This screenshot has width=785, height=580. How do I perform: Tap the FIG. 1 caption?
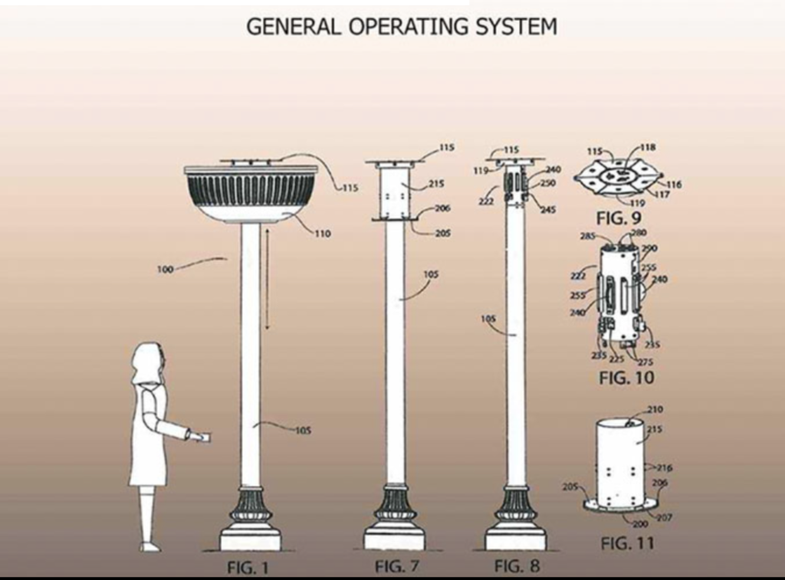(248, 569)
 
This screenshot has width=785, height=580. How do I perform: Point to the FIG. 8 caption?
(517, 567)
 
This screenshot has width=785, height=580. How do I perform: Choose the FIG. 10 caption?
(626, 378)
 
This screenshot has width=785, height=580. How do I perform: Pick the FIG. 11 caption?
(626, 544)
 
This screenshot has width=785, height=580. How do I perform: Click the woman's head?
(146, 362)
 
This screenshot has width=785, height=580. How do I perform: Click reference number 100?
(165, 269)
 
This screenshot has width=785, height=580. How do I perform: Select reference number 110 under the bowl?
(323, 234)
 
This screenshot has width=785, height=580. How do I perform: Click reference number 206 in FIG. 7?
(442, 208)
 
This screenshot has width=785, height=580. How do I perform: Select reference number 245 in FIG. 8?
(548, 209)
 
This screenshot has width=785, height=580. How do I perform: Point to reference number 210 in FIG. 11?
(655, 409)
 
